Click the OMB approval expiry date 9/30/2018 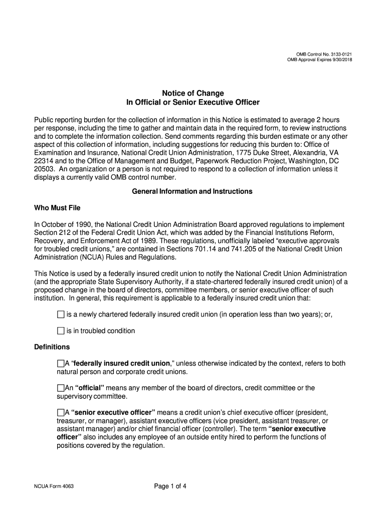[x=340, y=60]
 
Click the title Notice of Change [x=192, y=93]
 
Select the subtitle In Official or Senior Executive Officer [x=192, y=103]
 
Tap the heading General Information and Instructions [x=192, y=191]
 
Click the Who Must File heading [x=57, y=208]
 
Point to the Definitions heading [x=52, y=347]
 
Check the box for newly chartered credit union [x=61, y=315]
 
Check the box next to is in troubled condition [x=61, y=331]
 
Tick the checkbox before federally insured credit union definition [x=61, y=363]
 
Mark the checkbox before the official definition [x=61, y=388]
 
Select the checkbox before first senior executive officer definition [x=61, y=412]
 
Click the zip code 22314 [x=44, y=161]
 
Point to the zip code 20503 [x=44, y=169]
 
